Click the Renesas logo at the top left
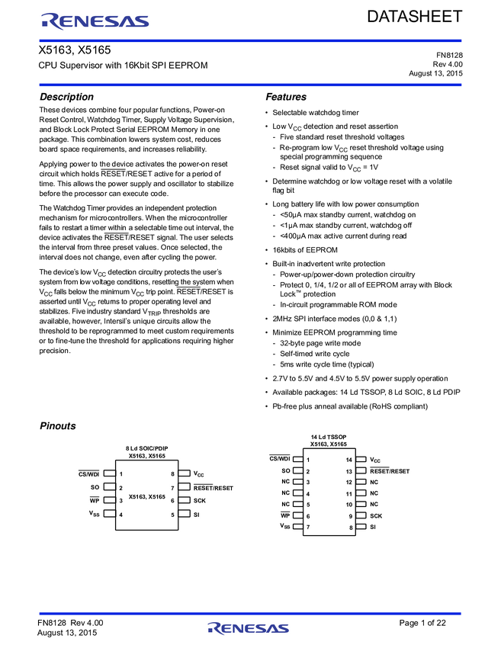[95, 21]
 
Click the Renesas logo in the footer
[248, 628]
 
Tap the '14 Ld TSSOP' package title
[329, 437]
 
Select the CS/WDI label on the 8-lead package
[89, 473]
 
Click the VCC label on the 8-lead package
[199, 473]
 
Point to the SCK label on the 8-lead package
[200, 501]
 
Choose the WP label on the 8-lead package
[95, 501]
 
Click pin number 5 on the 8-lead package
[172, 515]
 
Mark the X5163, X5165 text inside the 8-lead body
[147, 496]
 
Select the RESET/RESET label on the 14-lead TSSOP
[390, 471]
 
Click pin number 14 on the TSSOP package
[349, 460]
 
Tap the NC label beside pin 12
[374, 483]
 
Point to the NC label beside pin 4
[285, 493]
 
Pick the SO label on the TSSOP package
[285, 471]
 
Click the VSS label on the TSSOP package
[284, 527]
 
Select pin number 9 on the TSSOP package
[349, 516]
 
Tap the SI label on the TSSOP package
[373, 527]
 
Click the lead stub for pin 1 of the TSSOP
[297, 460]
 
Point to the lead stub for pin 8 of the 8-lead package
[185, 473]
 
